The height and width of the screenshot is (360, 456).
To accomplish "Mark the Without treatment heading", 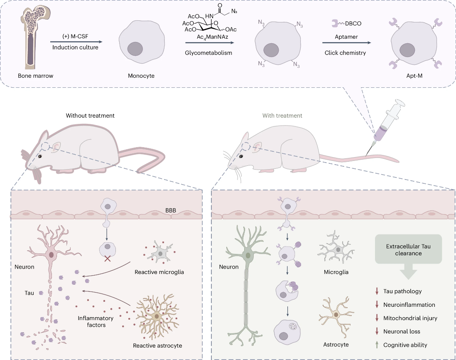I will (x=90, y=116).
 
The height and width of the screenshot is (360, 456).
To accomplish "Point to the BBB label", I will (x=171, y=210).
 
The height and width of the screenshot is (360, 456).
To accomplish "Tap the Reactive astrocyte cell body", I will (x=157, y=316).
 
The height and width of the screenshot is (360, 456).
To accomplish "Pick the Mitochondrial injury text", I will (x=410, y=318).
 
